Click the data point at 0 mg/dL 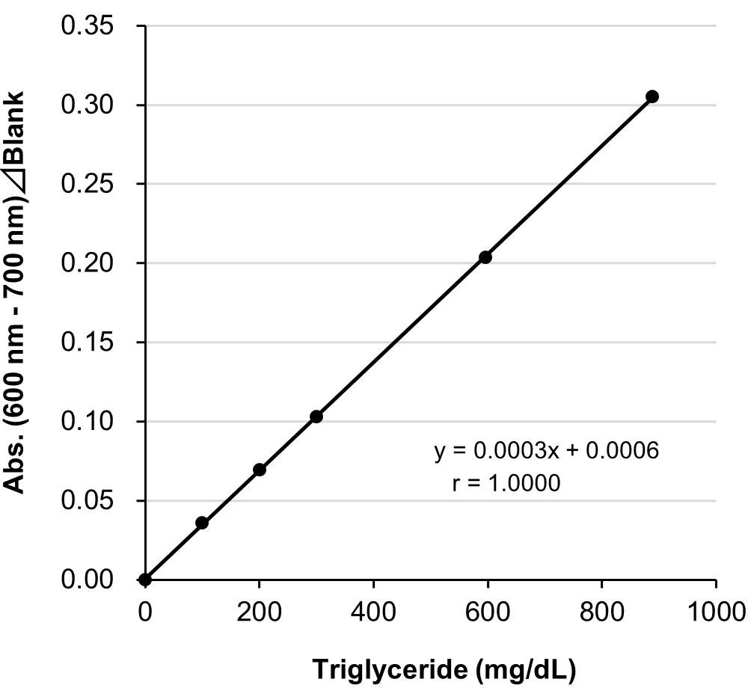pos(145,580)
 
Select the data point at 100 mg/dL pos(202,523)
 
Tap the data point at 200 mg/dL pos(260,470)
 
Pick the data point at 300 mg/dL pos(316,417)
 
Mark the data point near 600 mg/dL pos(485,257)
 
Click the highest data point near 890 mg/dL pos(652,96)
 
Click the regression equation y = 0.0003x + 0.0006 pos(547,452)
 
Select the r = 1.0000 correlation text pos(506,484)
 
